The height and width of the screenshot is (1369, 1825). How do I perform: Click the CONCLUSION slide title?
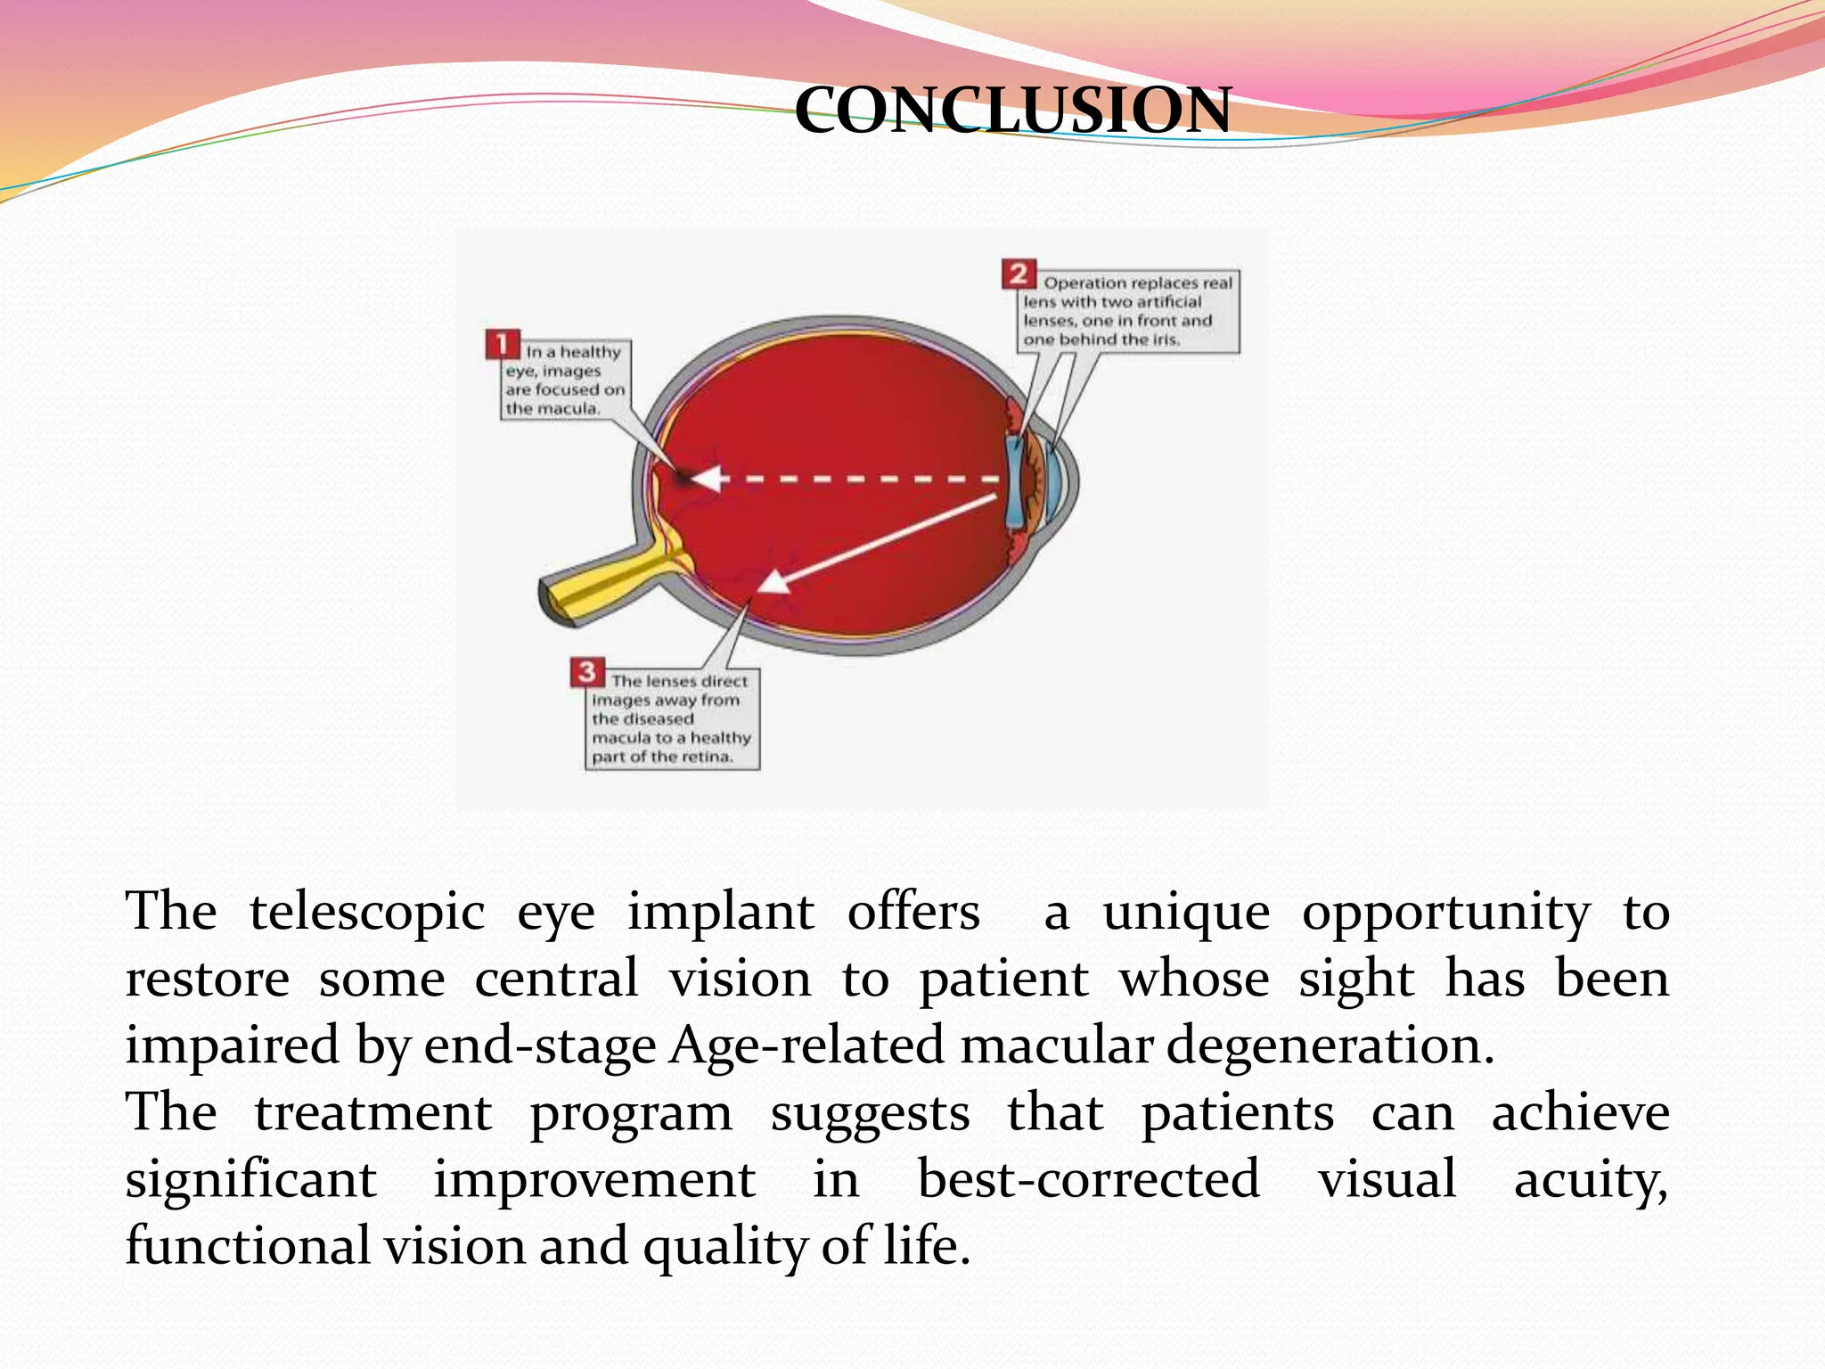coord(1012,111)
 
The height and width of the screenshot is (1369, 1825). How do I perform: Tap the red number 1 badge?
coord(503,344)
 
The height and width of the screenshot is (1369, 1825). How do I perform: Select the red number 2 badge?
coord(1019,274)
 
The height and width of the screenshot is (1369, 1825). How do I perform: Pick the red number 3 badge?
coord(587,672)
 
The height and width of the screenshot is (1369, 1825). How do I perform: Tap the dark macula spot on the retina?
coord(682,478)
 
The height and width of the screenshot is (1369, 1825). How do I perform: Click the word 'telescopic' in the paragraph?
coord(366,913)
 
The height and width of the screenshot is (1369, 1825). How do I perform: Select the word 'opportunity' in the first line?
coord(1445,913)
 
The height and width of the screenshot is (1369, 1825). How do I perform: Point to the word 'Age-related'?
coord(806,1045)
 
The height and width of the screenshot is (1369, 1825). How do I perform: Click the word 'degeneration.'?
coord(1330,1045)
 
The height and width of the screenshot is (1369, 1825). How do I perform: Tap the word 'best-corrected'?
coord(1088,1179)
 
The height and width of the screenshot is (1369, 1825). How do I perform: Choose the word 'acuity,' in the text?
coord(1591,1179)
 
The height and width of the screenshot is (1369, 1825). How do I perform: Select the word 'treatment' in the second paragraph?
coord(372,1113)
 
